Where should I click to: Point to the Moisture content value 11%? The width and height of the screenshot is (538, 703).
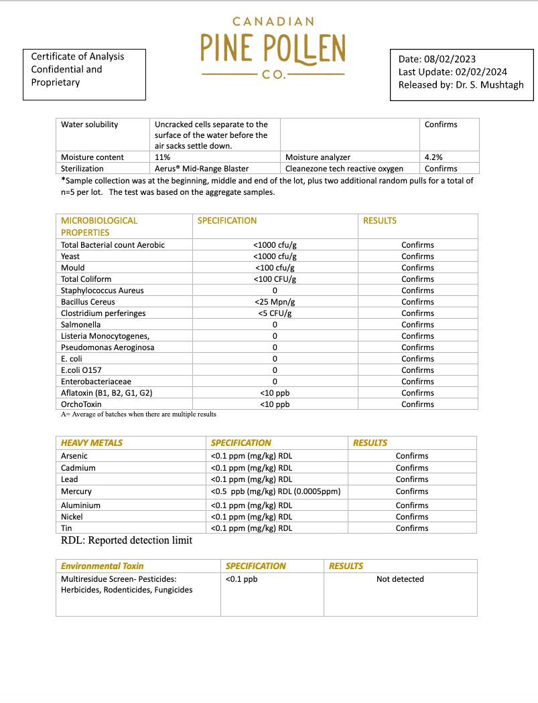pos(162,157)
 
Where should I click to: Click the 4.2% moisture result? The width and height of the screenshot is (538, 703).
pos(433,157)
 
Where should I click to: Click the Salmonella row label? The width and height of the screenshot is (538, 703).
pos(80,325)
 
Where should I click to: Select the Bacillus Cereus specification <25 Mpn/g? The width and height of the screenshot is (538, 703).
pos(275,302)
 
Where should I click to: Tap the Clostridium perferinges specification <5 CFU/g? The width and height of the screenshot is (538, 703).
pos(275,313)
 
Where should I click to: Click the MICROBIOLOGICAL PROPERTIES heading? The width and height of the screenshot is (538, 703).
pos(99,226)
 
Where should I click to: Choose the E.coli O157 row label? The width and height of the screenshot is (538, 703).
pos(81,370)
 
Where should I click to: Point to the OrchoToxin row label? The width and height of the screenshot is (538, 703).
pos(81,404)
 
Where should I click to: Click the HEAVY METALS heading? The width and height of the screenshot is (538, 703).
pos(92,443)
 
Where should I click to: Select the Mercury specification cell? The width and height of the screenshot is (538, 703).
pos(275,491)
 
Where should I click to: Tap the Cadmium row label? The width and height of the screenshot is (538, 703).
pos(78,468)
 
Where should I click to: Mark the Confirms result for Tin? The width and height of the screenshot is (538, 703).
pos(412,528)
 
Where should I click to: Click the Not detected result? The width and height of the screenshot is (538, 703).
pos(400,579)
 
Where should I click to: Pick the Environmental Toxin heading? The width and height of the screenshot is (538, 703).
pos(102,566)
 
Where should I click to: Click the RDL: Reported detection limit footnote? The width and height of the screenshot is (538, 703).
pos(127,540)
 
